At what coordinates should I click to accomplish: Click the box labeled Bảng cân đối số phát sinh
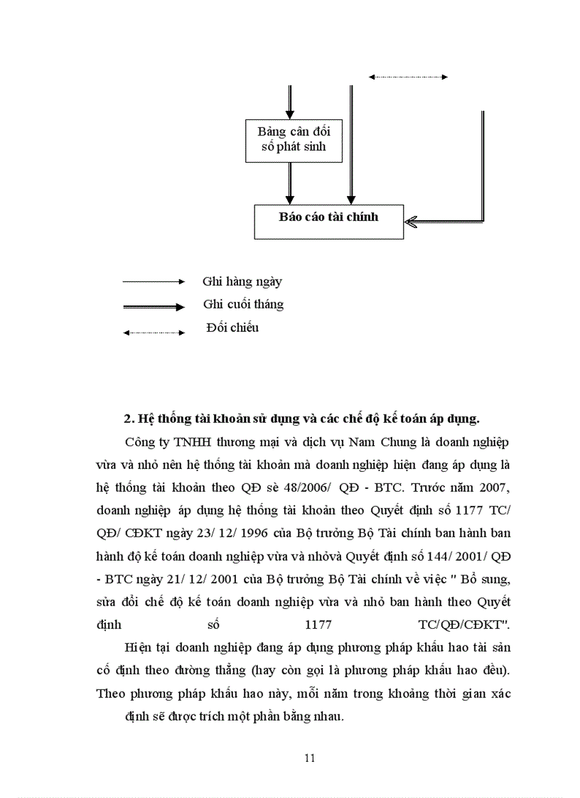pyautogui.click(x=288, y=141)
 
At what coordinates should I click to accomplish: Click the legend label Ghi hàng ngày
pyautogui.click(x=242, y=281)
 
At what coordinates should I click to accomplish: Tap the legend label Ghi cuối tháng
pyautogui.click(x=243, y=304)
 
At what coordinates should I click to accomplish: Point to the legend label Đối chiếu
pyautogui.click(x=232, y=328)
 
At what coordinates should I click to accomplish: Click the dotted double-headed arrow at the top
pyautogui.click(x=408, y=77)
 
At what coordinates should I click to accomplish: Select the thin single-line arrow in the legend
pyautogui.click(x=154, y=282)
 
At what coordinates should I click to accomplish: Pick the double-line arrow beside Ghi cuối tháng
pyautogui.click(x=154, y=307)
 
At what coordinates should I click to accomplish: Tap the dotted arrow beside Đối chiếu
pyautogui.click(x=154, y=332)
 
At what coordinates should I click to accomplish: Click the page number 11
pyautogui.click(x=309, y=757)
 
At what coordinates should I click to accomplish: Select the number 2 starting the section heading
pyautogui.click(x=127, y=419)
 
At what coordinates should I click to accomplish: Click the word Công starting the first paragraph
pyautogui.click(x=139, y=441)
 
